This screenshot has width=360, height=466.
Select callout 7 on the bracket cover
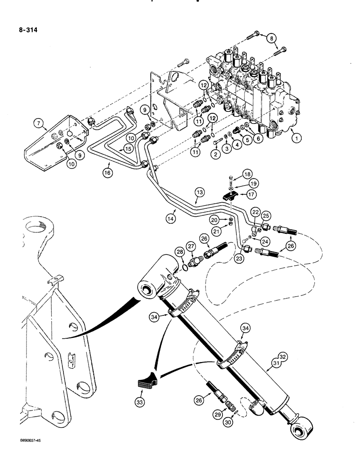click(38, 124)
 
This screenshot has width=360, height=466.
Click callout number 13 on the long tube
click(200, 192)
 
